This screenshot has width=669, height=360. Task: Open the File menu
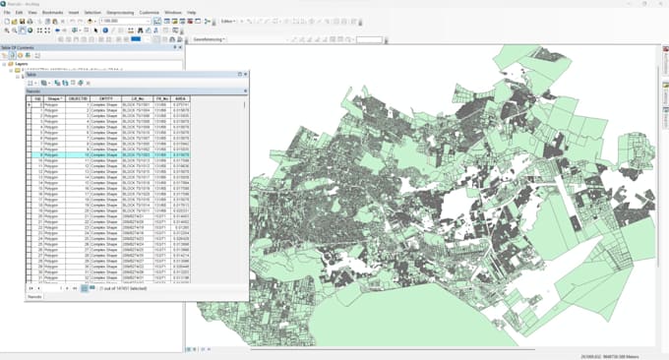click(7, 12)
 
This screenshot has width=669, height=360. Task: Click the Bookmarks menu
click(52, 12)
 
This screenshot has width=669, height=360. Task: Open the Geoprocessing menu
click(119, 12)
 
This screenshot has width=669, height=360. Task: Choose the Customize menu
click(150, 12)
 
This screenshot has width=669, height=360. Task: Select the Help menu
click(191, 12)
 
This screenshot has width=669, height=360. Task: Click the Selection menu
click(92, 12)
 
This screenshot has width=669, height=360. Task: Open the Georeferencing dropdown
click(210, 39)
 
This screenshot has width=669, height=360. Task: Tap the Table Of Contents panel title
click(22, 47)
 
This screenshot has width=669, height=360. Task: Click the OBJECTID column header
click(79, 99)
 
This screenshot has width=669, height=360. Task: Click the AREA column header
click(180, 99)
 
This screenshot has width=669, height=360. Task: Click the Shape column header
click(54, 99)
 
